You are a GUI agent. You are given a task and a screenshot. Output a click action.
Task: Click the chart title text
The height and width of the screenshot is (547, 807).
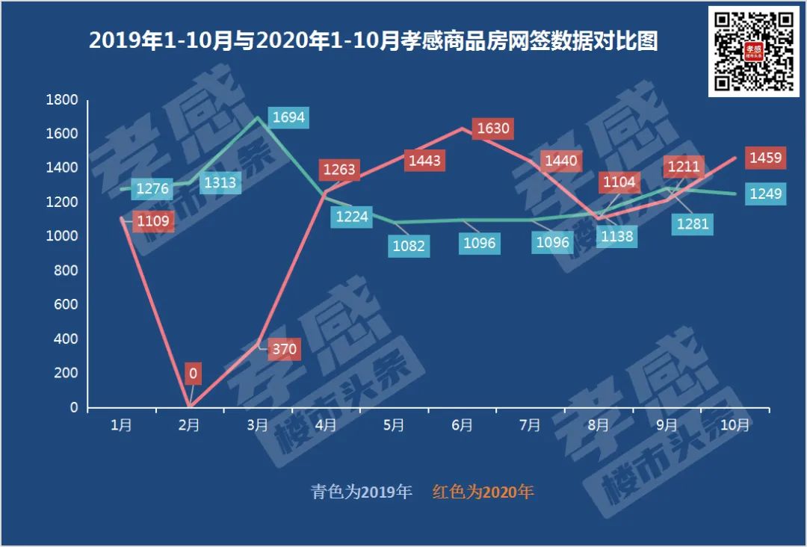point(373,41)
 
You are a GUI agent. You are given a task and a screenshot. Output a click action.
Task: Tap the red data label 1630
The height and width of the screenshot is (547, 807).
point(493,129)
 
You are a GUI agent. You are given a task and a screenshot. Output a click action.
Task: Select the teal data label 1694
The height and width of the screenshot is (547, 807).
point(288,117)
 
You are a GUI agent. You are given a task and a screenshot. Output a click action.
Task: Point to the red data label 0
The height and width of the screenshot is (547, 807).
point(194,373)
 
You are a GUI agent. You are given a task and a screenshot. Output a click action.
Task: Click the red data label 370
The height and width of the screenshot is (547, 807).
point(285,349)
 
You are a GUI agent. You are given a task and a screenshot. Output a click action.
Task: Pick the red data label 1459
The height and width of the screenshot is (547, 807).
point(766,158)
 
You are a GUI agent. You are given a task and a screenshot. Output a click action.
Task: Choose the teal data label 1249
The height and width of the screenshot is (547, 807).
point(766,194)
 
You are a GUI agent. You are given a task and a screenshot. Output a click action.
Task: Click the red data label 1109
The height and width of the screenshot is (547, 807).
point(153,220)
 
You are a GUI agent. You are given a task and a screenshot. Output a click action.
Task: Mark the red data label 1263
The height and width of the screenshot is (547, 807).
point(340,170)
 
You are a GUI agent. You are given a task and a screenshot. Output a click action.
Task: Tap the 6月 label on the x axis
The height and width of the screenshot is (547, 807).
point(462,425)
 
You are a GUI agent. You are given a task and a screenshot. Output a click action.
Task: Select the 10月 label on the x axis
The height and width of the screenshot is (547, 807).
point(736,425)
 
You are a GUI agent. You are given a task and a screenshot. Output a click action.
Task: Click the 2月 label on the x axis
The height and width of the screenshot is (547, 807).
point(189,425)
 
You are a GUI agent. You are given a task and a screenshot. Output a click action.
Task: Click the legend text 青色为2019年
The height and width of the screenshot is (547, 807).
point(362,492)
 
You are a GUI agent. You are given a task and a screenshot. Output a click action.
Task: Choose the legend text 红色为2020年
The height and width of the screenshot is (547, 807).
point(483,492)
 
